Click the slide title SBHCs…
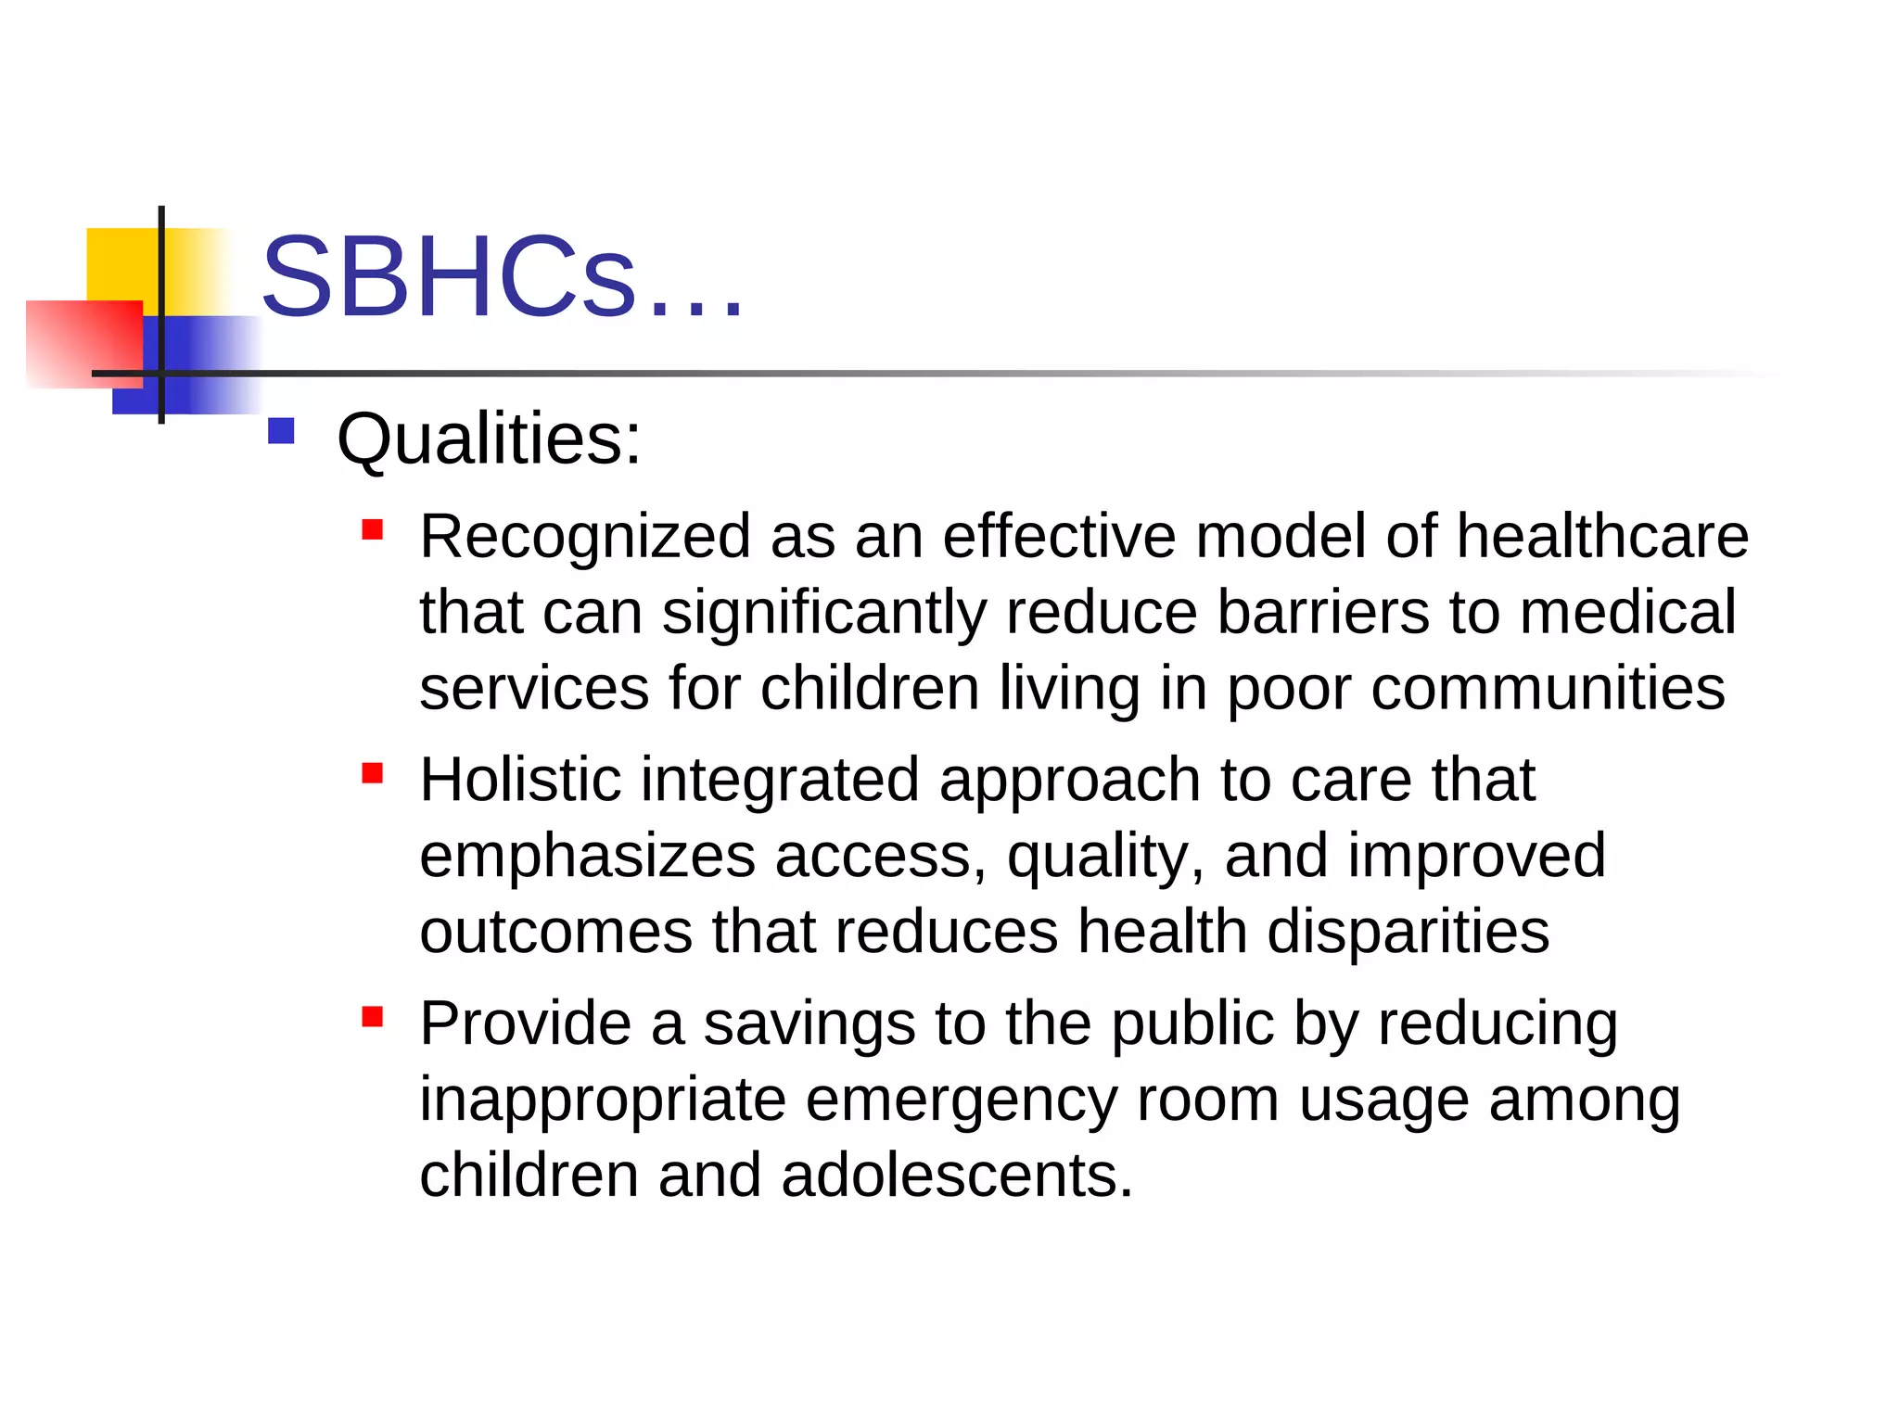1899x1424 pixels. [x=502, y=278]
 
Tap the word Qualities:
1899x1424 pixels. [x=489, y=439]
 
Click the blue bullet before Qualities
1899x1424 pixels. [x=281, y=431]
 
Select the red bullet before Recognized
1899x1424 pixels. [x=373, y=529]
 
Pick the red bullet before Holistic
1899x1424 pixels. [x=373, y=773]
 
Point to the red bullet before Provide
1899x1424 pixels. [x=373, y=1017]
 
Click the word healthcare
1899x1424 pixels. [x=1601, y=537]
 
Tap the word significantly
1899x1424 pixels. [x=823, y=614]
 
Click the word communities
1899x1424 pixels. [x=1548, y=689]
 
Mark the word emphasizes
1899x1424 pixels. [x=587, y=857]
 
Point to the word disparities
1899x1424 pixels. [x=1408, y=932]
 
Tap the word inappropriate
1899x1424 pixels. [x=603, y=1101]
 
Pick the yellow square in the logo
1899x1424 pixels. [x=121, y=263]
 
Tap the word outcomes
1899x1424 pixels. [x=555, y=932]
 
